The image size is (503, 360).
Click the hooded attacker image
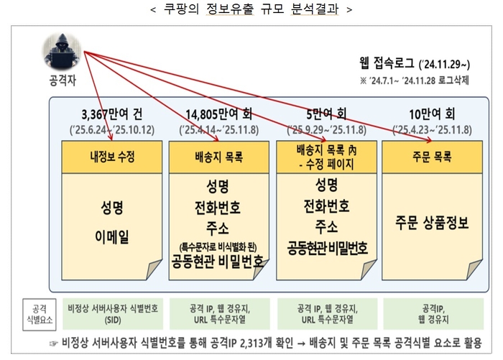(62, 51)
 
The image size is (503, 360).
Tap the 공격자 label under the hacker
(63, 80)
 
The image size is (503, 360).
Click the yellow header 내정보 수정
(112, 157)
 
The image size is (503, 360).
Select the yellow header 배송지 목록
(218, 157)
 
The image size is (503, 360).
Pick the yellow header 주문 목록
(432, 157)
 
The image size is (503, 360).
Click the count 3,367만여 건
(112, 114)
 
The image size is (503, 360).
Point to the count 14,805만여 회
(218, 114)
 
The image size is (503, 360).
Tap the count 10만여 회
(432, 114)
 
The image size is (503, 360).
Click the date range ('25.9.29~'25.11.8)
(326, 130)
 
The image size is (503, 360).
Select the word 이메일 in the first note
(112, 237)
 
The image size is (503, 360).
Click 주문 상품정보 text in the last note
(432, 223)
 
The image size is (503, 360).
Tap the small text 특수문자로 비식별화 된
(218, 247)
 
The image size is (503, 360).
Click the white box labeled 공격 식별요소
(40, 315)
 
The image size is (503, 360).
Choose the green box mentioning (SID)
(113, 314)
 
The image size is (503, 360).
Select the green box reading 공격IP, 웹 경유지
(433, 314)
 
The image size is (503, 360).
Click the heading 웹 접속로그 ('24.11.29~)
(415, 63)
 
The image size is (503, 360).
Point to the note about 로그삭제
(415, 80)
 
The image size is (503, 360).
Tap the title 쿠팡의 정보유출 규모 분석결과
(251, 9)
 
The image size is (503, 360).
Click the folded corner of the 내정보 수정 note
(154, 269)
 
